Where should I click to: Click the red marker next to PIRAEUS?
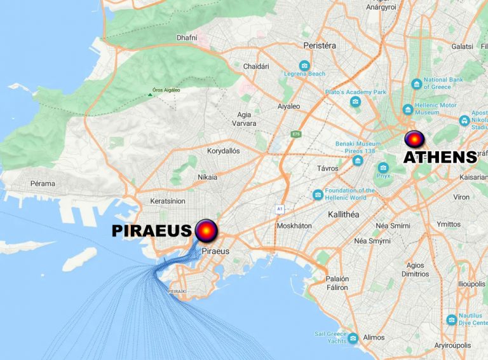click(x=207, y=230)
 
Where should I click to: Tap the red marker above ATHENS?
click(x=414, y=139)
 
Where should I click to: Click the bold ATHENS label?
click(x=440, y=157)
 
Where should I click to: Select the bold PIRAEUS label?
click(x=151, y=231)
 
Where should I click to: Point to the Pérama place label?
click(x=43, y=184)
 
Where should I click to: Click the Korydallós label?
click(x=224, y=151)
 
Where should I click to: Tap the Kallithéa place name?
click(x=344, y=214)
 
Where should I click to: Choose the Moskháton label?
click(x=294, y=226)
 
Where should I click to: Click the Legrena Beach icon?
click(x=305, y=66)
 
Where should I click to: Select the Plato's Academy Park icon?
click(x=355, y=102)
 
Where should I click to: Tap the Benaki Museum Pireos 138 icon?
click(x=358, y=160)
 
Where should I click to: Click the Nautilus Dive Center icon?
click(x=452, y=319)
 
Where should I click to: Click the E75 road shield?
click(x=295, y=134)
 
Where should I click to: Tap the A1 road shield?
click(x=279, y=209)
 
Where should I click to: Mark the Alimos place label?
click(x=374, y=338)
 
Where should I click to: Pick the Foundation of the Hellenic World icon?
click(x=318, y=194)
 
